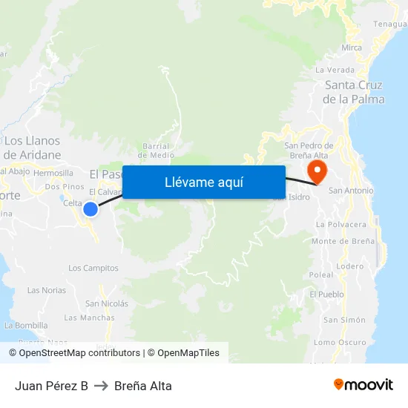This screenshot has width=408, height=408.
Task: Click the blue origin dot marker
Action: point(91,209)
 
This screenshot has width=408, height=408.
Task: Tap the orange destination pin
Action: point(317,171)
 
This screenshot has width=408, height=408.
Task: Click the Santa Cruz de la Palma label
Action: point(354,92)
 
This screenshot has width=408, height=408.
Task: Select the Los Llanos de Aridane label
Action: point(32,148)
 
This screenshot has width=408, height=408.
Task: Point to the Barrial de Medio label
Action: point(157,151)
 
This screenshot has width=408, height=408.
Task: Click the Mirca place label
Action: point(352,47)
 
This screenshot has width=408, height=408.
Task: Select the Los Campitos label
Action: point(93,268)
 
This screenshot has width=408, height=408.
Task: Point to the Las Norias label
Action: point(47,290)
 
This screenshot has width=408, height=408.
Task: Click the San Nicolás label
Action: point(107,303)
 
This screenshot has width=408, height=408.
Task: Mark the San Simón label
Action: point(343,320)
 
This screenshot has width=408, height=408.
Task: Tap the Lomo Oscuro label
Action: point(340,342)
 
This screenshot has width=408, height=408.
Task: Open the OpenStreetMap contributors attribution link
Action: point(79,353)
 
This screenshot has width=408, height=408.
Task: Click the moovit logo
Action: point(363,385)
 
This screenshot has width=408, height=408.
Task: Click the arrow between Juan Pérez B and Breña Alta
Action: point(101,386)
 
